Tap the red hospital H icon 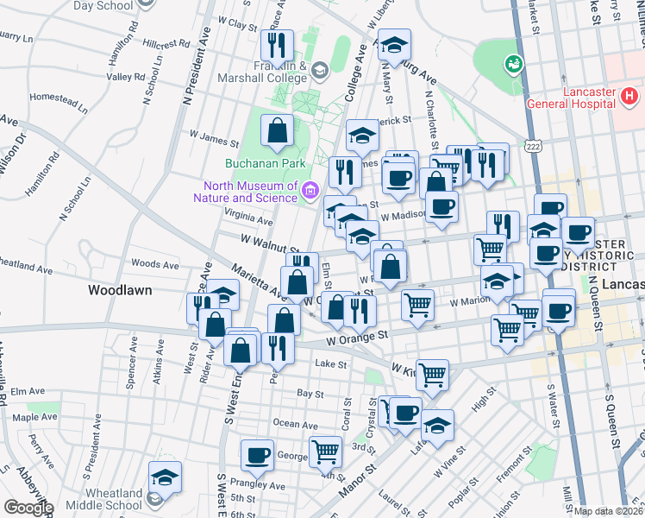pyautogui.click(x=629, y=96)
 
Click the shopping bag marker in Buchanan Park pyautogui.click(x=278, y=132)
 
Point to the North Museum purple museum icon pyautogui.click(x=310, y=191)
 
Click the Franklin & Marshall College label pyautogui.click(x=281, y=71)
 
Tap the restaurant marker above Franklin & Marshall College pyautogui.click(x=277, y=46)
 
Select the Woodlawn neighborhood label pyautogui.click(x=120, y=291)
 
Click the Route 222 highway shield pyautogui.click(x=535, y=148)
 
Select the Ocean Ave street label pyautogui.click(x=295, y=424)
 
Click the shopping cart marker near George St pyautogui.click(x=326, y=451)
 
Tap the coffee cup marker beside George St pyautogui.click(x=258, y=454)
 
